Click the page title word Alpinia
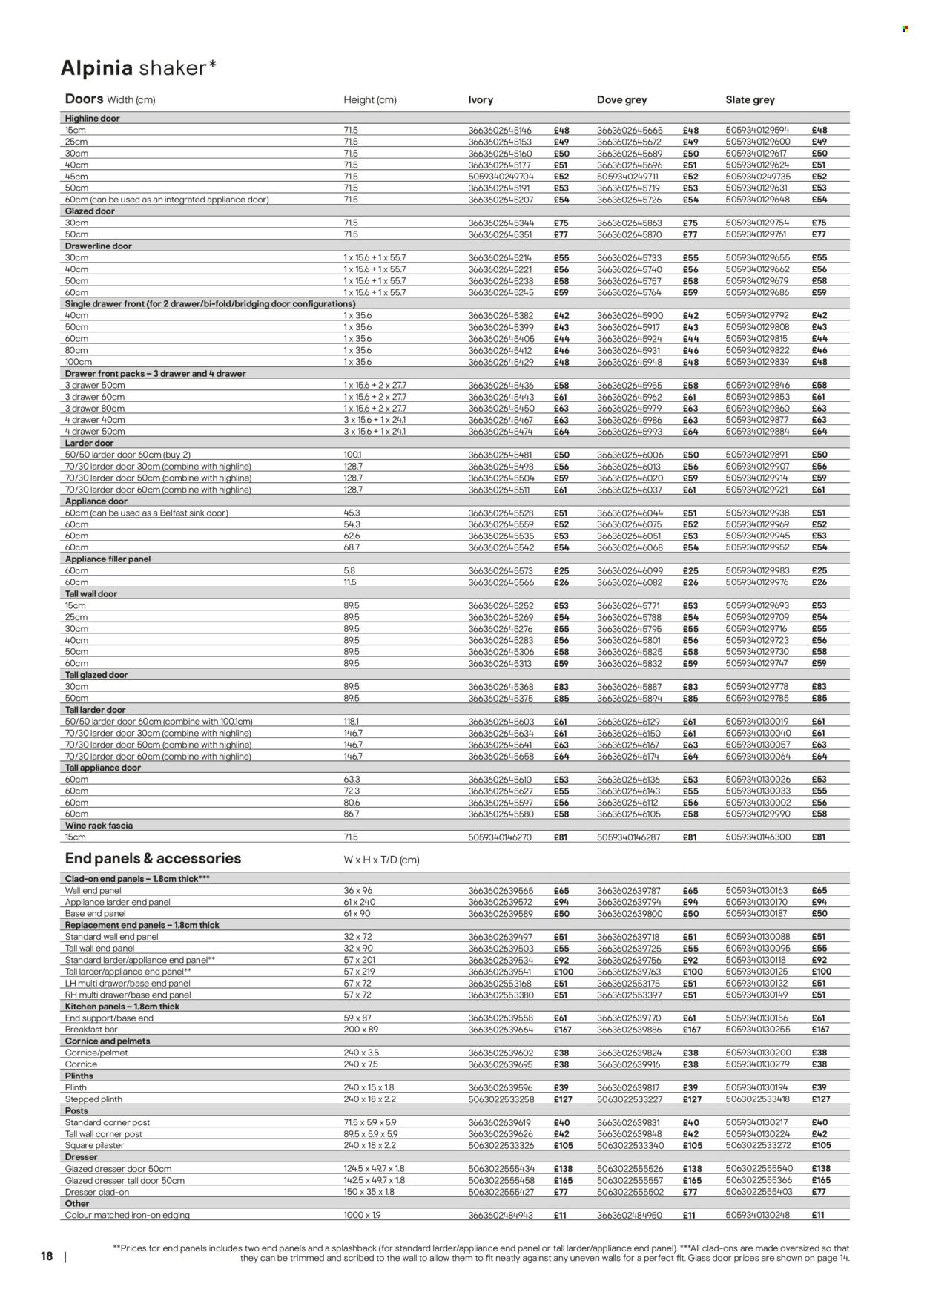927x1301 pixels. [96, 68]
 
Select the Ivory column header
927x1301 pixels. [481, 99]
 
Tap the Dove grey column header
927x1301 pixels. [621, 99]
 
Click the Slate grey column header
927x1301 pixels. [750, 99]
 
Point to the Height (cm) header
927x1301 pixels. [369, 99]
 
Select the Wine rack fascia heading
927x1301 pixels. [99, 826]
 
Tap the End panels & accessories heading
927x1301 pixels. [153, 859]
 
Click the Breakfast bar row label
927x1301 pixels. [92, 1030]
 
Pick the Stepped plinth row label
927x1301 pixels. [93, 1099]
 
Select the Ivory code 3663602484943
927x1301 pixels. [500, 1215]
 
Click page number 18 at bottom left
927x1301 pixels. [47, 1256]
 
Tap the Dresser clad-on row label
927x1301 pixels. [97, 1192]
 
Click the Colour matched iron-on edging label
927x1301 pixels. [128, 1215]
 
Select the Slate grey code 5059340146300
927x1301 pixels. [757, 837]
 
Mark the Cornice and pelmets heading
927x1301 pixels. [108, 1041]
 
